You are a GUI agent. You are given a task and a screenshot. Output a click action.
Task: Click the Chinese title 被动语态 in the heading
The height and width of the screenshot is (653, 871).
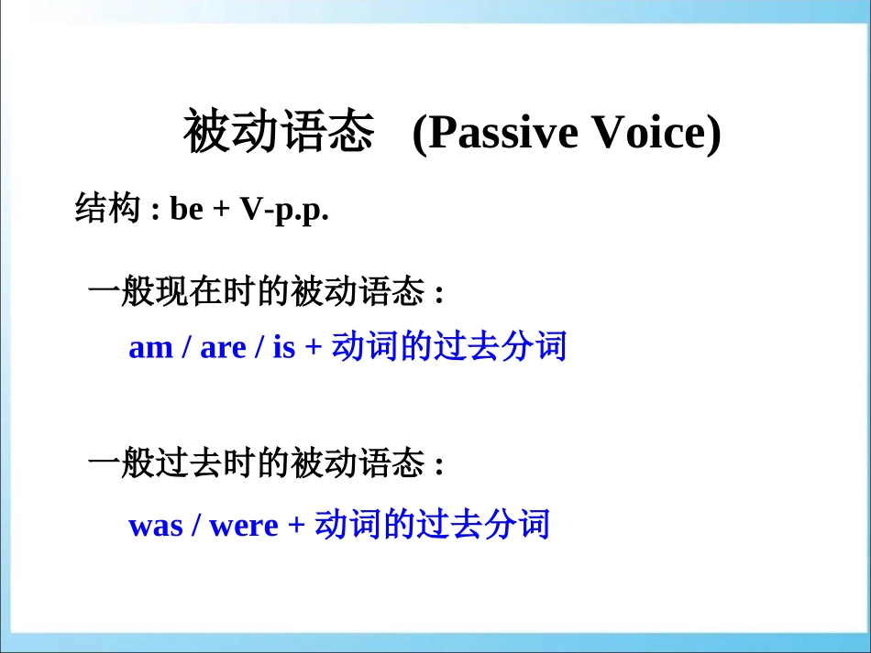279,134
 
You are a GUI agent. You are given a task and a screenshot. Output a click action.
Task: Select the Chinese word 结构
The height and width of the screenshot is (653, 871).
101,210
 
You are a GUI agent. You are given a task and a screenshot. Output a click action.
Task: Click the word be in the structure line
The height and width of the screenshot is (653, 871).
186,211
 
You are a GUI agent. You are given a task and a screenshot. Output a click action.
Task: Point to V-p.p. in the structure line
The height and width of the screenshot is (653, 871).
284,212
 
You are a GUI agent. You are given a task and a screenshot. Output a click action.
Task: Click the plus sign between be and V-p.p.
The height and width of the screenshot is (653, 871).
221,212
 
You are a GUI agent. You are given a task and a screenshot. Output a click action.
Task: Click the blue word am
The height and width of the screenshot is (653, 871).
150,349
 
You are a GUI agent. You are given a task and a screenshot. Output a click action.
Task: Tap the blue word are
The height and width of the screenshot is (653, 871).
223,349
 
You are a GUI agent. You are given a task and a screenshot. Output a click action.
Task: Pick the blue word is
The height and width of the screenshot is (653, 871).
284,349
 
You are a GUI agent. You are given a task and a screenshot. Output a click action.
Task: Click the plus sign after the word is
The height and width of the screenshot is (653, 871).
313,349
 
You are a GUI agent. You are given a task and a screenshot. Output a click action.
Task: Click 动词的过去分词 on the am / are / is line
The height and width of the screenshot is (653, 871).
448,347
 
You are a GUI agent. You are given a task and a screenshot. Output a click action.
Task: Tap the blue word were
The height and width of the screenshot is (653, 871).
243,527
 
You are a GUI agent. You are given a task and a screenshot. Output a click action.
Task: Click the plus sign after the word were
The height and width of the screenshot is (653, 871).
295,527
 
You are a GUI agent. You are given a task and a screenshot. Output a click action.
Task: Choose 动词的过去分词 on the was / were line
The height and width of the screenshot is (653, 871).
431,525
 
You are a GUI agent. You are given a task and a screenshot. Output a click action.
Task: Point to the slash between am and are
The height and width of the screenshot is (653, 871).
186,349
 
